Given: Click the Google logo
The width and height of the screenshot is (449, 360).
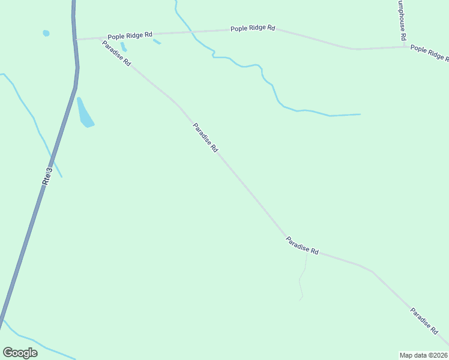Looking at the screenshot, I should pyautogui.click(x=20, y=352).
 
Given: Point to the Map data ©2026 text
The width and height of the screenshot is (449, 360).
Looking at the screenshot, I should pyautogui.click(x=423, y=355).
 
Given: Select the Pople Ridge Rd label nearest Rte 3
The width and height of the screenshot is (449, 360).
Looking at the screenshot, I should pyautogui.click(x=130, y=36).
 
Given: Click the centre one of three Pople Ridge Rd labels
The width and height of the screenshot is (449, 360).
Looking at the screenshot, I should pyautogui.click(x=253, y=28).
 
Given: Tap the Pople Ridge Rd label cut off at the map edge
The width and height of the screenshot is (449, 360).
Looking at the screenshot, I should pyautogui.click(x=429, y=52).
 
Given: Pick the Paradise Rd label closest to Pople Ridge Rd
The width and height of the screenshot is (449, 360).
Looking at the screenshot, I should pyautogui.click(x=116, y=53).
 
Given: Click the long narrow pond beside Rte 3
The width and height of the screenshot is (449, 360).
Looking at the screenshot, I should pyautogui.click(x=85, y=113).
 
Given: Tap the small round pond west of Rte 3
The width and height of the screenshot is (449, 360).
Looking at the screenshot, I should pyautogui.click(x=46, y=33).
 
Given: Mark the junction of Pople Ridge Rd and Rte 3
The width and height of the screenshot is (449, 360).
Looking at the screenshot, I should pyautogui.click(x=76, y=39).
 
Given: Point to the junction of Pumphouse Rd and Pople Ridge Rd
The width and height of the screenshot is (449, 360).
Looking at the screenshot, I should pyautogui.click(x=405, y=47).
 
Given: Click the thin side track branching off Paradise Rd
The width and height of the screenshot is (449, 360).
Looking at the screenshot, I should pyautogui.click(x=303, y=276).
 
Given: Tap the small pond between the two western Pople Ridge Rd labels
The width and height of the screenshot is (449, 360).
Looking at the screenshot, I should pyautogui.click(x=157, y=41).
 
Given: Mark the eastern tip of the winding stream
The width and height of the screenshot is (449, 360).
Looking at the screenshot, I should pyautogui.click(x=359, y=114).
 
